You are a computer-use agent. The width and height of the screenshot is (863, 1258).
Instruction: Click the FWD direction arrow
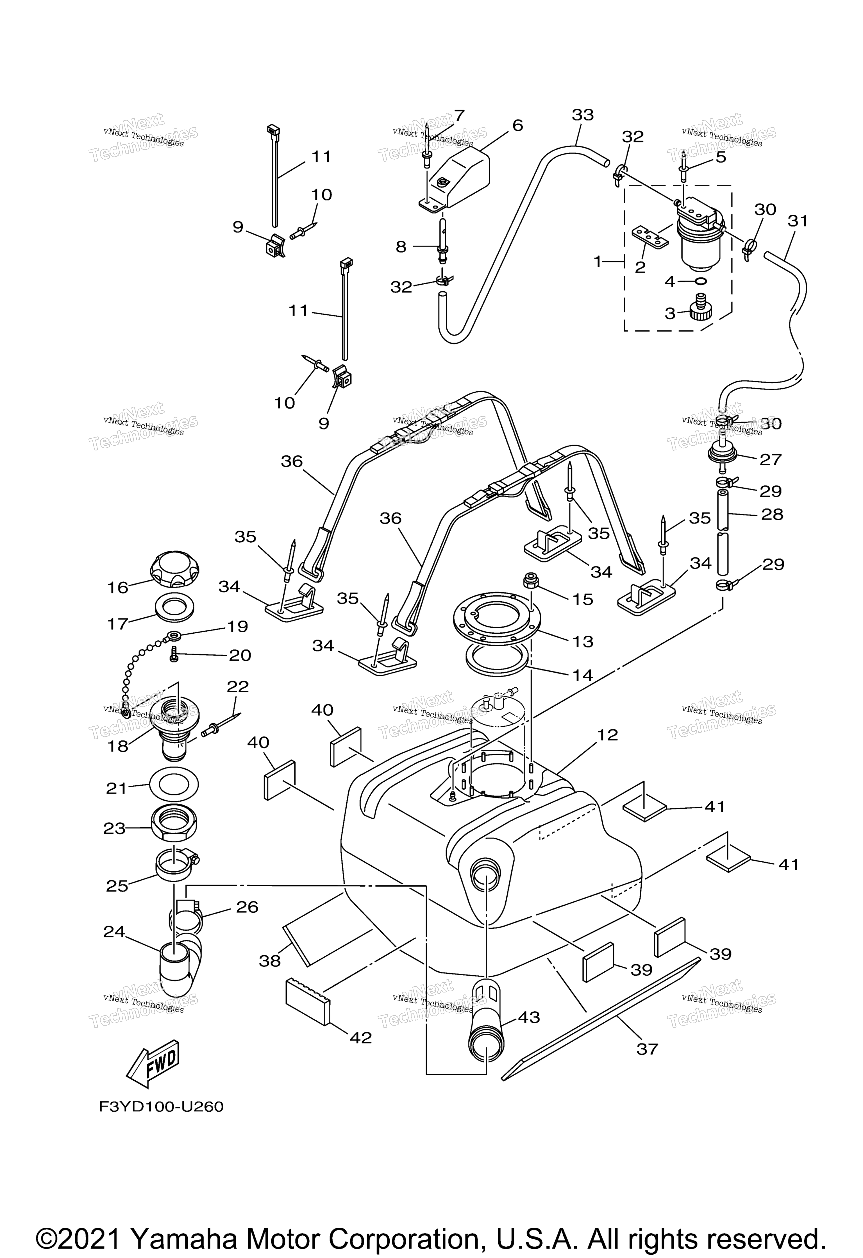pos(153,1063)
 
